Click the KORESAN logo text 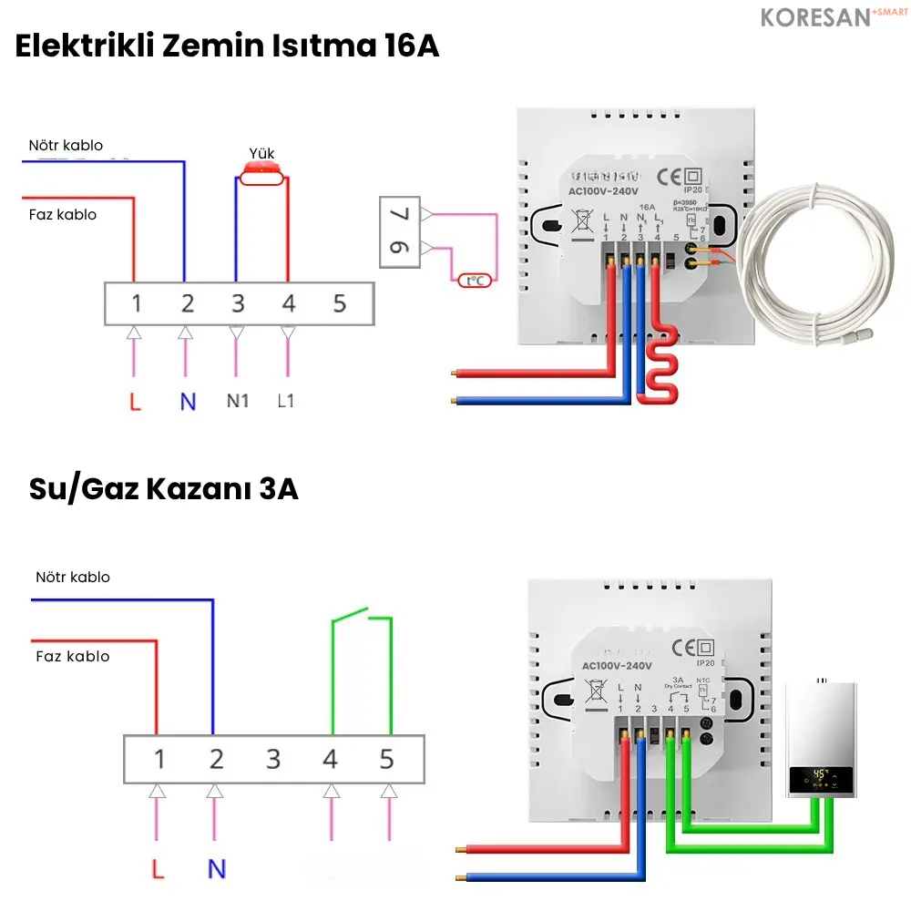(x=814, y=17)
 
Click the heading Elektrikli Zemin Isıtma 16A (x=227, y=46)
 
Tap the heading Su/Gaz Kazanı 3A (x=163, y=489)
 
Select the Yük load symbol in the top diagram (x=262, y=173)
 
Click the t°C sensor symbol (x=475, y=281)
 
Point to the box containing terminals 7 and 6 (x=401, y=231)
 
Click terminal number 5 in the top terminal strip (x=340, y=303)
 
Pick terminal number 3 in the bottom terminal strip (x=273, y=759)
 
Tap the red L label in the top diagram (x=135, y=401)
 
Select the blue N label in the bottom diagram (x=216, y=868)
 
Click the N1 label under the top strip (x=237, y=401)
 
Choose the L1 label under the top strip (x=286, y=401)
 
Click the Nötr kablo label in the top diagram (x=66, y=145)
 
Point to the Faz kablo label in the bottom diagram (x=73, y=656)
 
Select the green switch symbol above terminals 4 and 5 (x=362, y=619)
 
